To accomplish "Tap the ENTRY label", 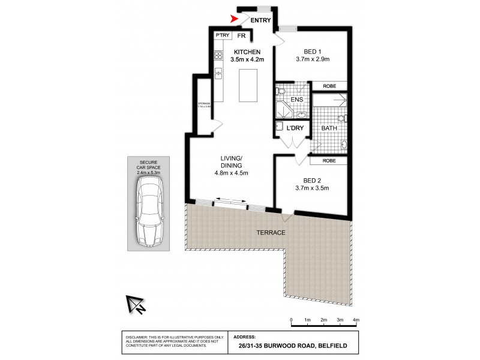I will tap(260, 21).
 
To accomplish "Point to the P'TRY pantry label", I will tap(223, 35).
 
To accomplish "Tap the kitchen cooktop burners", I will tap(218, 57).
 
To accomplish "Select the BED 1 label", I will tap(312, 52).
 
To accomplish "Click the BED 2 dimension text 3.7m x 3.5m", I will tap(313, 187).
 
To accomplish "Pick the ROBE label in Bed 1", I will tap(329, 86).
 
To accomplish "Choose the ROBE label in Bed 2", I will tap(329, 160).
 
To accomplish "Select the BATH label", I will tap(329, 128).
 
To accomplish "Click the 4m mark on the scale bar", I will tap(356, 320).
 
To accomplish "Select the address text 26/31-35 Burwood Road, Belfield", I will tap(292, 345).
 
